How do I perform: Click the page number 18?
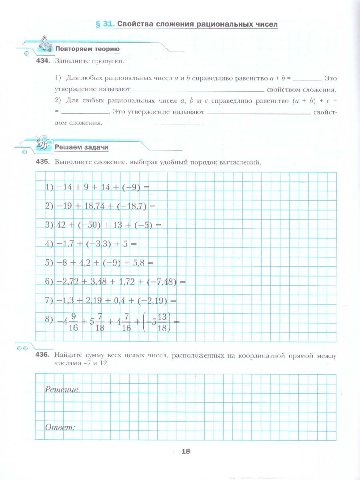pyautogui.click(x=185, y=452)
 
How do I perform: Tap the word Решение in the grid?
pyautogui.click(x=62, y=389)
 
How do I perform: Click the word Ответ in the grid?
pyautogui.click(x=60, y=427)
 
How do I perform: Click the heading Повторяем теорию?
pyautogui.click(x=87, y=50)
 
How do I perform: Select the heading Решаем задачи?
pyautogui.click(x=82, y=147)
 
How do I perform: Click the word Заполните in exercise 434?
pyautogui.click(x=70, y=61)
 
